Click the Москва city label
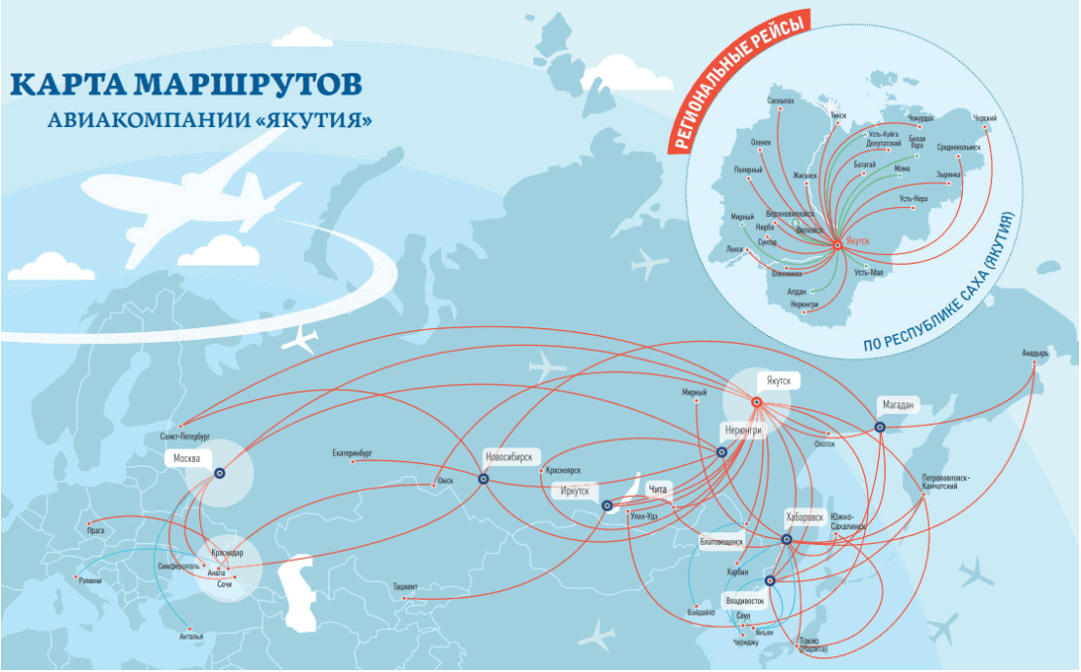click(187, 458)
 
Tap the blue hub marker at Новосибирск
click(483, 479)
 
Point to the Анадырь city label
click(1035, 352)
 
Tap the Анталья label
click(191, 636)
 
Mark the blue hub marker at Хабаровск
click(786, 539)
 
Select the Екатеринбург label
click(353, 453)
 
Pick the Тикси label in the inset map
click(836, 114)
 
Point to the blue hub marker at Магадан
click(880, 427)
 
